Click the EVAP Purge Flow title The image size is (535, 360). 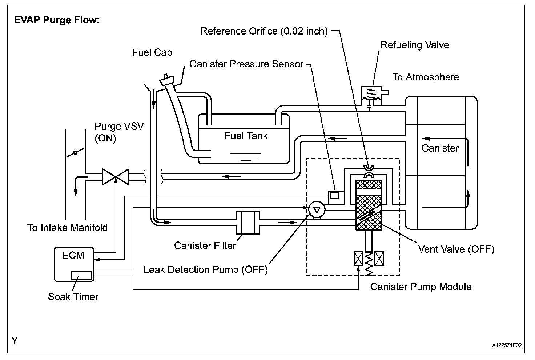(x=57, y=20)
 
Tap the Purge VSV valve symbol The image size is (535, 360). (x=116, y=177)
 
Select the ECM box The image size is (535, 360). (x=74, y=264)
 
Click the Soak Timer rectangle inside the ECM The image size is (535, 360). (x=81, y=275)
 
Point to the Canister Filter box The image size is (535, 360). (x=248, y=222)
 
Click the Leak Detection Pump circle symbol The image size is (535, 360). (x=317, y=210)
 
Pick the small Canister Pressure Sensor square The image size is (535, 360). (x=334, y=195)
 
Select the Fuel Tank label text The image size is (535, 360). (x=246, y=136)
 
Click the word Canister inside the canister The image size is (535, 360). (x=440, y=148)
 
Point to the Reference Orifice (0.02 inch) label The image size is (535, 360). (x=264, y=31)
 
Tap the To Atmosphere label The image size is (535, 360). (x=426, y=77)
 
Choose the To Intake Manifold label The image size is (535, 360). (x=68, y=228)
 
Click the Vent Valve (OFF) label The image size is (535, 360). (x=456, y=249)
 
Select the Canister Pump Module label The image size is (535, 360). (x=421, y=287)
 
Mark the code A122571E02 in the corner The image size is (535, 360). (x=507, y=345)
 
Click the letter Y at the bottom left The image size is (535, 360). (x=15, y=341)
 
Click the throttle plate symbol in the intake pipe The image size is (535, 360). (x=76, y=152)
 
